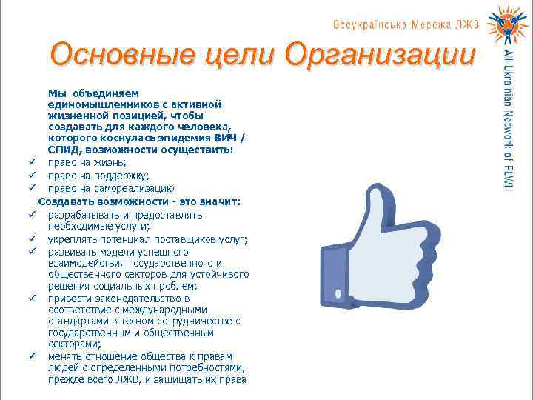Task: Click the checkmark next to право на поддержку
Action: click(33, 176)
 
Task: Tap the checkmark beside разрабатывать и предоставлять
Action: click(33, 215)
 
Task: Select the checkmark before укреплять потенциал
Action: click(33, 239)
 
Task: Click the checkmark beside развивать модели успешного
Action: click(33, 252)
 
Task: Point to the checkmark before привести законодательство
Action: click(33, 299)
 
